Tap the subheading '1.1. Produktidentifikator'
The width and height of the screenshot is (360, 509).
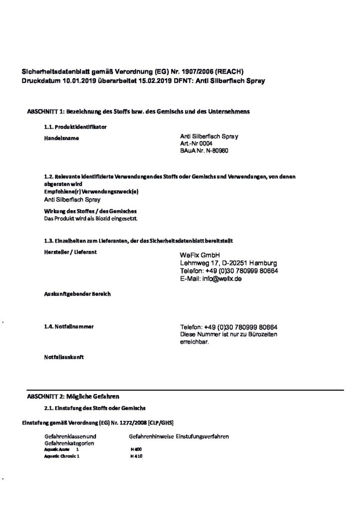coord(75,127)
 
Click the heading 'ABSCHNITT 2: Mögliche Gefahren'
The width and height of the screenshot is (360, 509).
coord(73,396)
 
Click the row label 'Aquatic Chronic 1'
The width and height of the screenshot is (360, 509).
coord(62,456)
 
